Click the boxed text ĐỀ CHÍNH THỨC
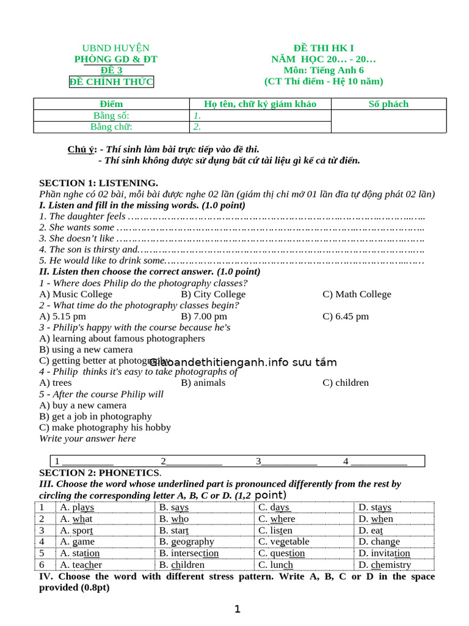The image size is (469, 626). click(x=111, y=82)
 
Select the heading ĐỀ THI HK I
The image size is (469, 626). click(x=324, y=48)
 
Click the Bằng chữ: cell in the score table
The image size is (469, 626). click(x=111, y=127)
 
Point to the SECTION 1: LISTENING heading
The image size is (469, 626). click(x=98, y=183)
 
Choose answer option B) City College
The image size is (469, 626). click(x=213, y=294)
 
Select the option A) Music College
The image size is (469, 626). click(x=76, y=294)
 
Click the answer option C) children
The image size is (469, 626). click(x=346, y=383)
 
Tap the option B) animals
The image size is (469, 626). click(x=203, y=383)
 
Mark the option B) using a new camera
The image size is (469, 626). click(x=85, y=350)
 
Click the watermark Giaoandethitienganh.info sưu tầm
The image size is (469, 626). click(x=243, y=362)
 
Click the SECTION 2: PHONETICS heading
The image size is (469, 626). click(x=100, y=473)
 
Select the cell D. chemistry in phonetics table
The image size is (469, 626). click(x=384, y=564)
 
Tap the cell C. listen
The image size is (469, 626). click(x=275, y=530)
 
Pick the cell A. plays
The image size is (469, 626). click(x=77, y=507)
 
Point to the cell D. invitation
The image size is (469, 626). click(x=384, y=553)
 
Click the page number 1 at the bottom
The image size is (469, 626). click(x=238, y=609)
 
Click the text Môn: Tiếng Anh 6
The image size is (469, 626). click(x=324, y=70)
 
